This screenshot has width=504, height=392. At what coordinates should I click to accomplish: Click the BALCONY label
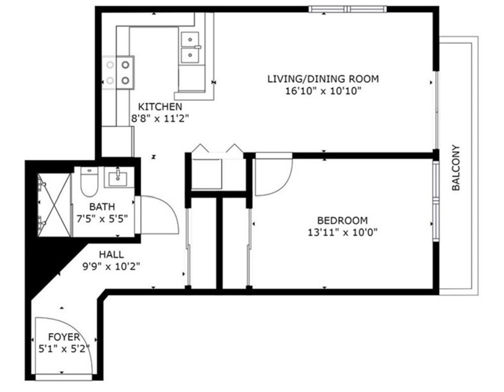[456, 168]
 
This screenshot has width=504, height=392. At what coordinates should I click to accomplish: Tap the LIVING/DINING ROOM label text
[323, 79]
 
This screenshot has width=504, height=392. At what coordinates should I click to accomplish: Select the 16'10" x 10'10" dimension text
[323, 91]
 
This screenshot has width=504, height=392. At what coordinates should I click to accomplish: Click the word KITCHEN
[160, 107]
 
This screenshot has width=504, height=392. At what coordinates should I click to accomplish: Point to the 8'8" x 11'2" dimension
[160, 119]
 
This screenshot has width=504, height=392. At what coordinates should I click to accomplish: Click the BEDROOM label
[343, 221]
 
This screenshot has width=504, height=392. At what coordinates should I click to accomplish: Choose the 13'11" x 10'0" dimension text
[343, 232]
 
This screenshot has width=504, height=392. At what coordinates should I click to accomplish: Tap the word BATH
[102, 207]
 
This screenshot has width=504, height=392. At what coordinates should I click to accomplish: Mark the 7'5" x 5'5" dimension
[102, 219]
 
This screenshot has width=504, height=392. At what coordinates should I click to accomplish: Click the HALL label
[111, 255]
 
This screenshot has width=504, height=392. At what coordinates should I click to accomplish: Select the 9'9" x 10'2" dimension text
[111, 266]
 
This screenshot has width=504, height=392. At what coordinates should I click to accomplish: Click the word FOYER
[64, 337]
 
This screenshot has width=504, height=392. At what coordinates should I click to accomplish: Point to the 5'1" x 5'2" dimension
[64, 348]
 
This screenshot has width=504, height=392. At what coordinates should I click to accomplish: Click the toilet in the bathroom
[89, 181]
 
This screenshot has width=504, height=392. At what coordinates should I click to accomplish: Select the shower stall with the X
[54, 205]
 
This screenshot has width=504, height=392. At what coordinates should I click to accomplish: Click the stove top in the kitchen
[118, 73]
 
